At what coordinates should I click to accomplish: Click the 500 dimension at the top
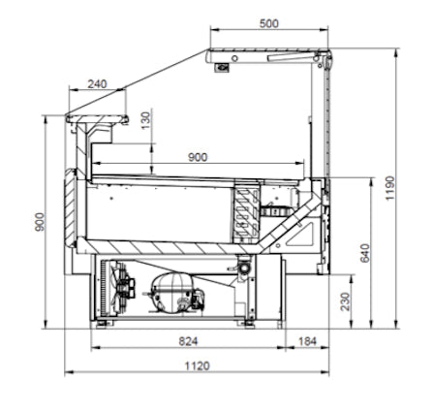pyautogui.click(x=268, y=23)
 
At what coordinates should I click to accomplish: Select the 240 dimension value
pyautogui.click(x=97, y=84)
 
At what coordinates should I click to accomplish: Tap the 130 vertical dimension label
pyautogui.click(x=146, y=120)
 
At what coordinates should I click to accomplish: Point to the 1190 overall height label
pyautogui.click(x=390, y=188)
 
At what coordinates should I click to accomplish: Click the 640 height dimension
pyautogui.click(x=364, y=253)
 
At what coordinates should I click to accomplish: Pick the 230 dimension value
pyautogui.click(x=346, y=301)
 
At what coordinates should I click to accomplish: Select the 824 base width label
pyautogui.click(x=188, y=341)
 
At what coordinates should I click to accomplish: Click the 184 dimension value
pyautogui.click(x=307, y=341)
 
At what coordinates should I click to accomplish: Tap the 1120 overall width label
pyautogui.click(x=197, y=366)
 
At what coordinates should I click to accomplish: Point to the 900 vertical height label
pyautogui.click(x=40, y=222)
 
